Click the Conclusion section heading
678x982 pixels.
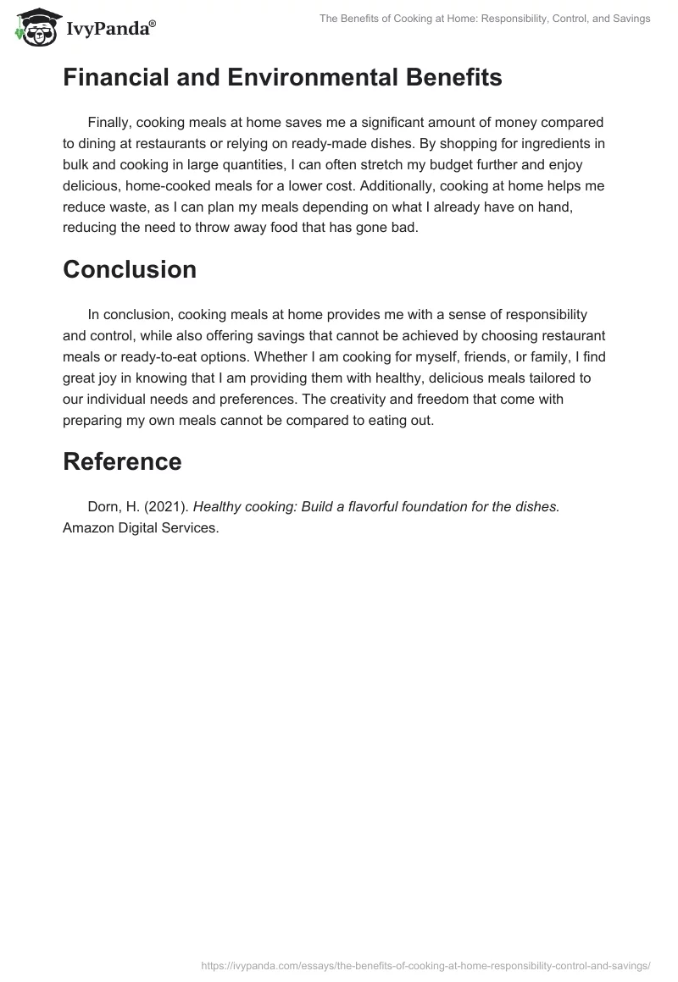(130, 269)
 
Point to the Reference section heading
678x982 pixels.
(122, 461)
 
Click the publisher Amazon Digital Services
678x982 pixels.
(141, 527)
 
